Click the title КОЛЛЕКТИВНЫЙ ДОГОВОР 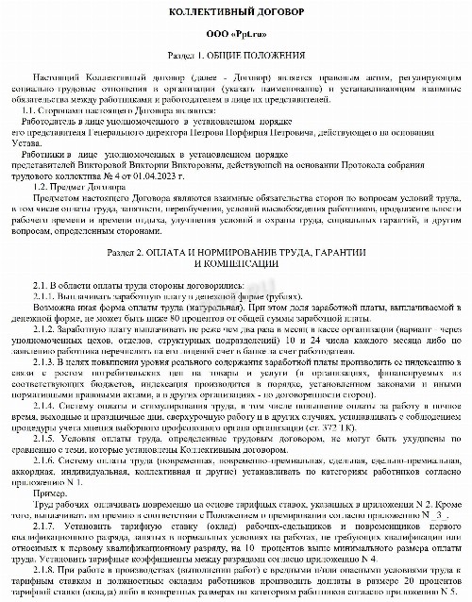tap(236, 9)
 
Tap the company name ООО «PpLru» tap(236, 33)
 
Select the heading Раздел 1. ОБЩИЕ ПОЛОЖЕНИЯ tap(236, 56)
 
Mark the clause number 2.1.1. tap(46, 293)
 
